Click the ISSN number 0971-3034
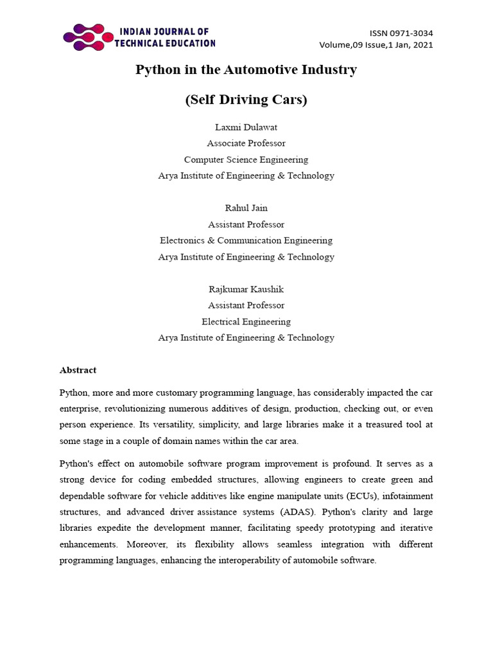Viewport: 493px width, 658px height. (411, 33)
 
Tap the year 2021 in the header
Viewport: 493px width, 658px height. (423, 45)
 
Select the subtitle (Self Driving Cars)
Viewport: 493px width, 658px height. (246, 100)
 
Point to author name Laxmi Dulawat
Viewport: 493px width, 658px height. (246, 127)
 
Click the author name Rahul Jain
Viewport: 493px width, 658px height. (246, 208)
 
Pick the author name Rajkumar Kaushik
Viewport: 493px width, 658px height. (246, 289)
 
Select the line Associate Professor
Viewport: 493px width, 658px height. (246, 143)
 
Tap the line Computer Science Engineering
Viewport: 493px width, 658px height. (246, 159)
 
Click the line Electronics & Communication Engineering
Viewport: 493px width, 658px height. (246, 240)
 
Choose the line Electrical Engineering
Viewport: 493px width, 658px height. (246, 321)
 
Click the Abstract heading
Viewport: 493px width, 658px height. (78, 370)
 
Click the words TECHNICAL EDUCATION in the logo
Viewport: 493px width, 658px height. (165, 43)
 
